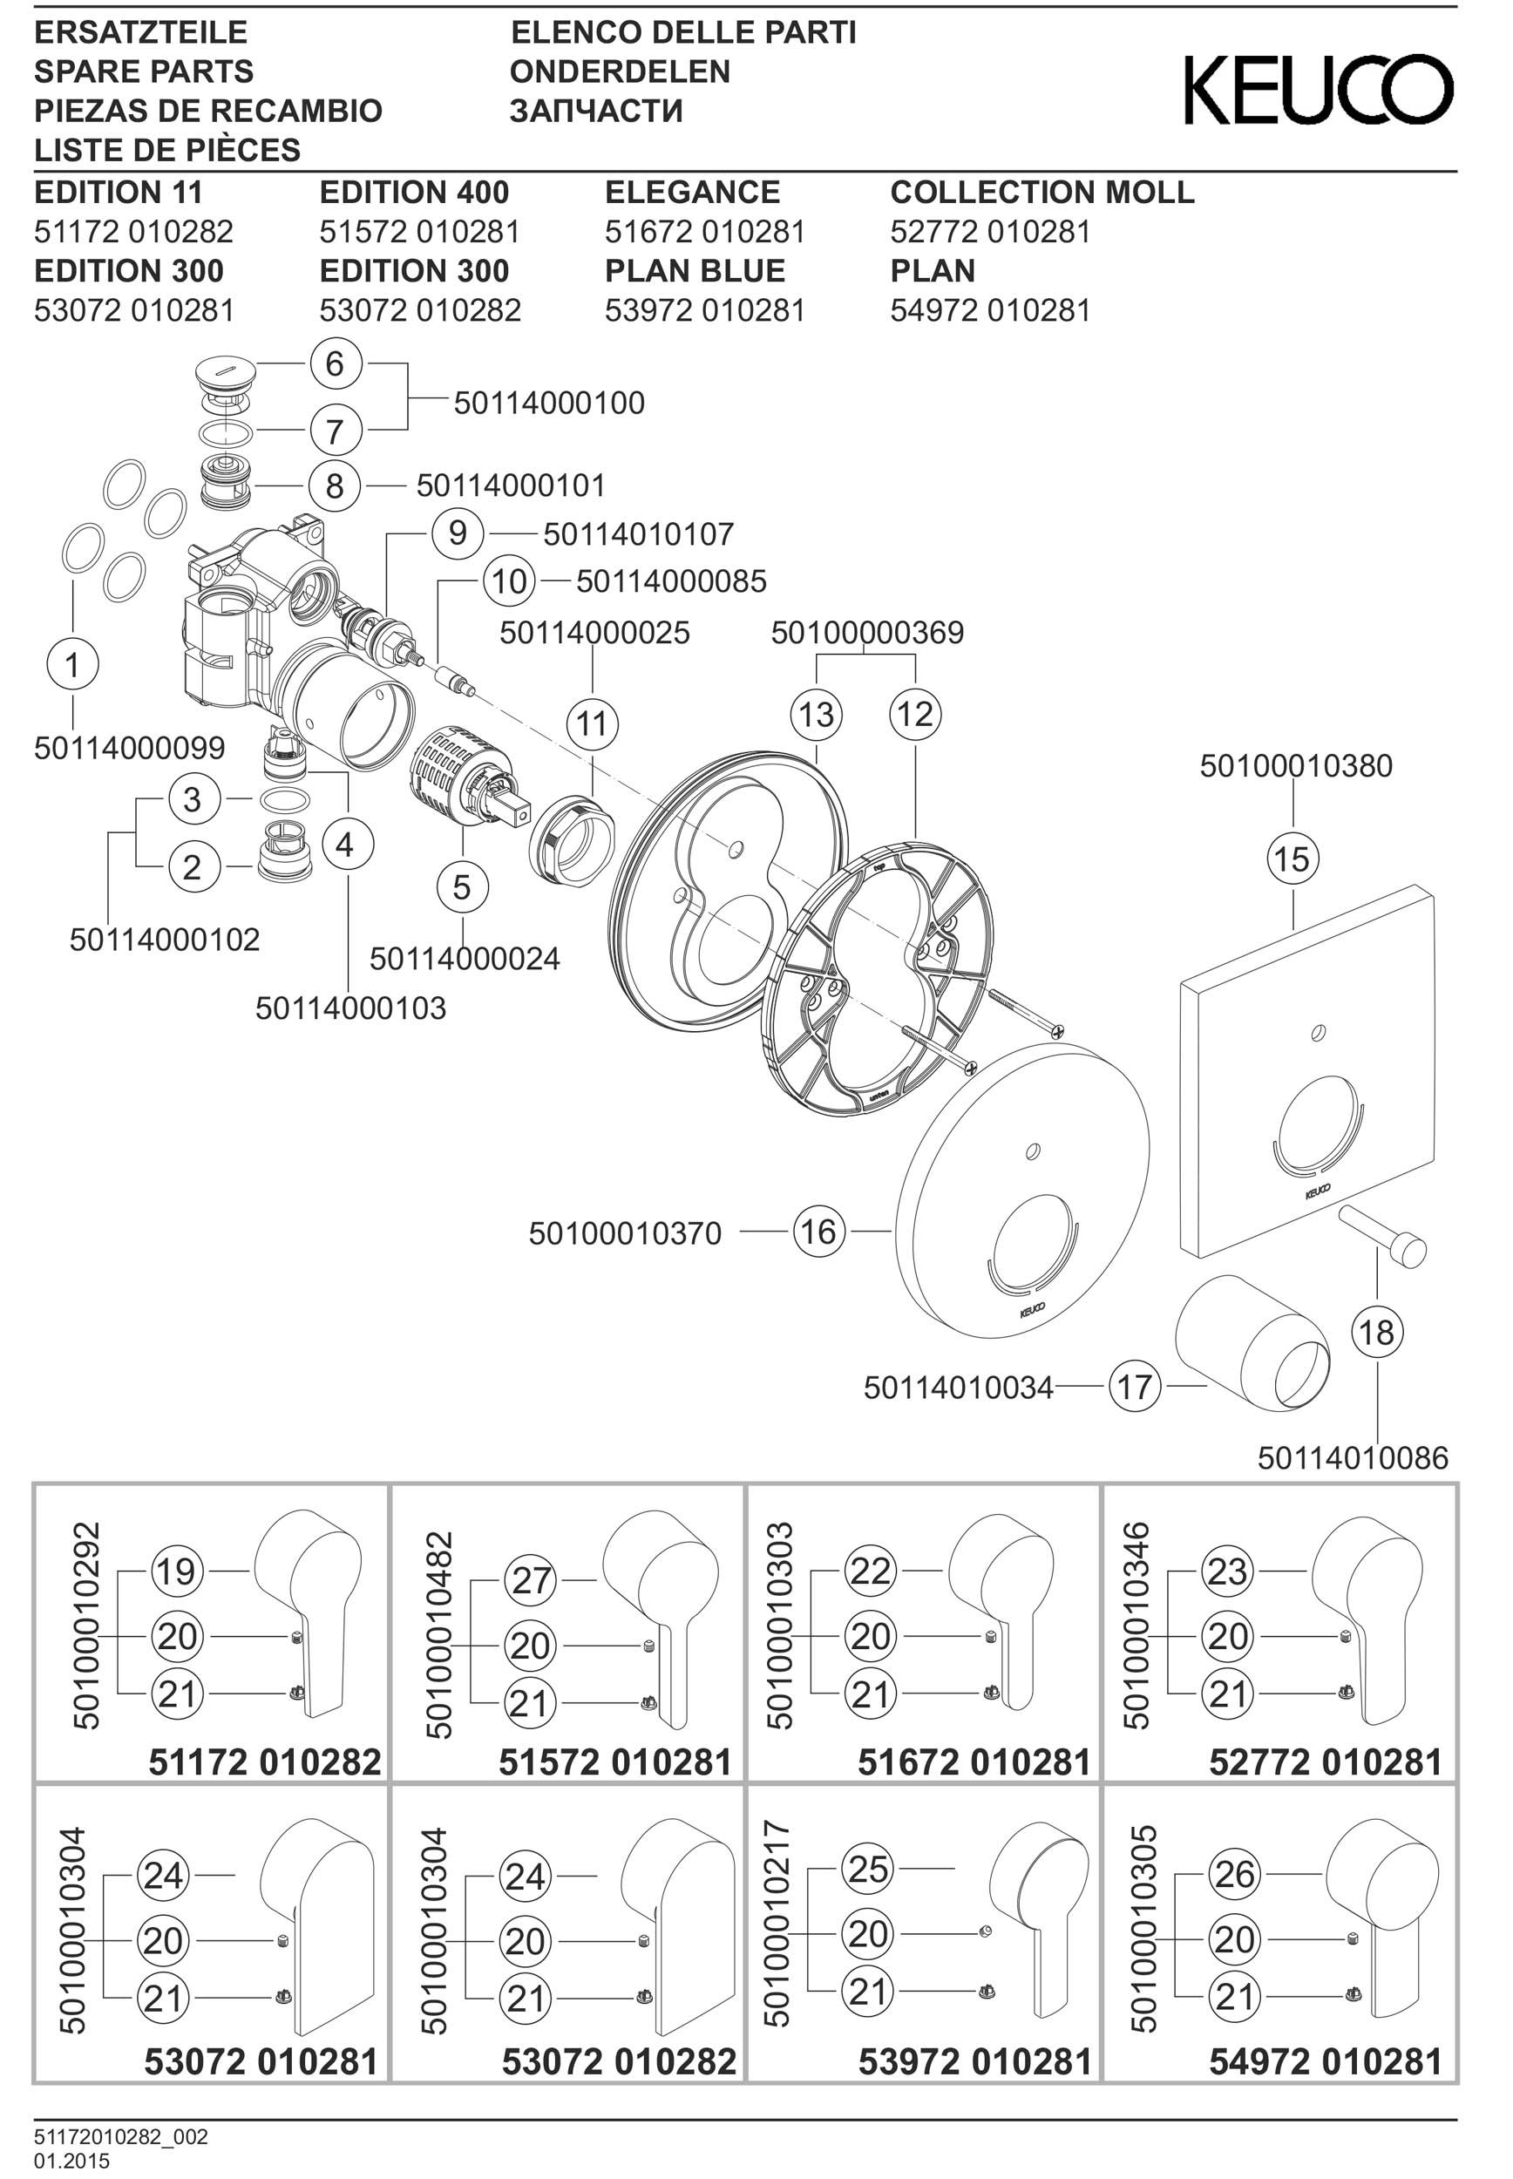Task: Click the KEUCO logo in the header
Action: (x=1319, y=89)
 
